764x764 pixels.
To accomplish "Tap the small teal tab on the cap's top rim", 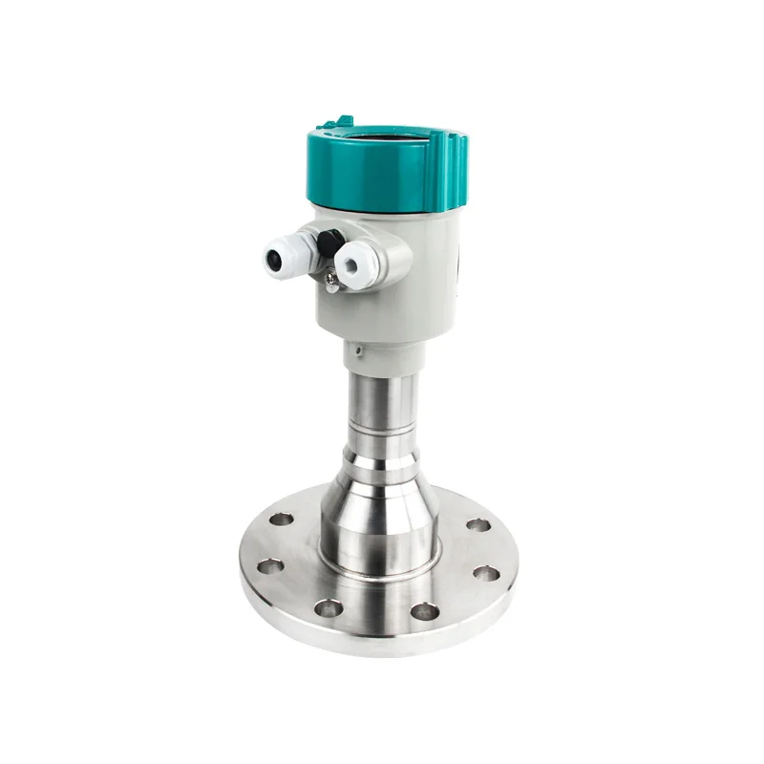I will (342, 121).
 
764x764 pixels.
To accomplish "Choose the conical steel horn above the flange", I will (380, 497).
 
